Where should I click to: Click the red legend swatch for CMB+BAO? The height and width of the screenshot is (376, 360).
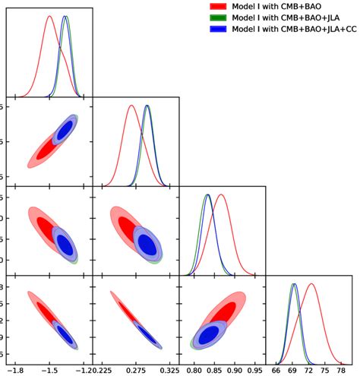(x=219, y=6)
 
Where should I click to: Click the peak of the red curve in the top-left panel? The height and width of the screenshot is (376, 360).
(x=49, y=16)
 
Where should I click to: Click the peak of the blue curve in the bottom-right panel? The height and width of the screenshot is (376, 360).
(x=294, y=283)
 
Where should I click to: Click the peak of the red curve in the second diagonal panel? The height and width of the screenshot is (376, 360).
(x=131, y=106)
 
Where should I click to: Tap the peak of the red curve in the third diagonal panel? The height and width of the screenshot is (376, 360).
(x=221, y=194)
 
